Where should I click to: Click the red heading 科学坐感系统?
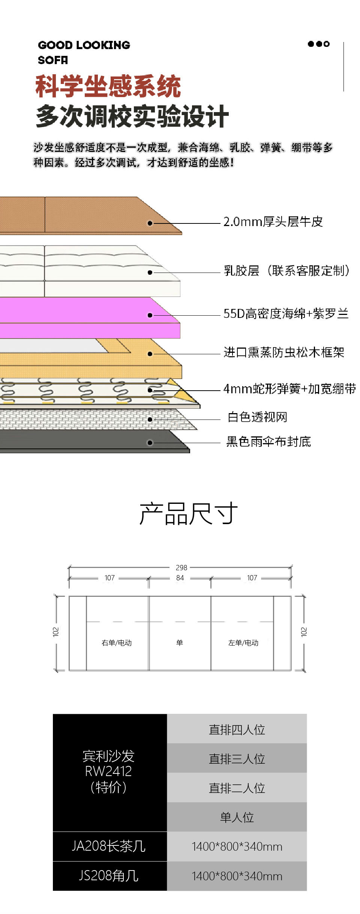[108, 86]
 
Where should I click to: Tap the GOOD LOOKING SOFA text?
[84, 52]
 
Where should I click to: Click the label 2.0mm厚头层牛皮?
[273, 222]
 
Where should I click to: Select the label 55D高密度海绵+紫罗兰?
[286, 313]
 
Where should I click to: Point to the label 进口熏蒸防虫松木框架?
[284, 352]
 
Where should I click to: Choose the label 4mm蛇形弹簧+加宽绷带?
[289, 389]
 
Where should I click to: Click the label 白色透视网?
[257, 417]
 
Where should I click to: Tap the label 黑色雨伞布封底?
[268, 442]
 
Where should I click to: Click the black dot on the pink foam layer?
[150, 315]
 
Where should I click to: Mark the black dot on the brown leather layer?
[150, 223]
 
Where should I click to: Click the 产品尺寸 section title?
[188, 514]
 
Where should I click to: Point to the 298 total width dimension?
[181, 568]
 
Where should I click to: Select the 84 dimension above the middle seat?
[180, 578]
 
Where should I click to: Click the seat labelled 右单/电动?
[117, 643]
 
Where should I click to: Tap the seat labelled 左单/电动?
[243, 643]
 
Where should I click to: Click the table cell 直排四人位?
[237, 730]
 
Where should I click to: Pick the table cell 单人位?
[237, 817]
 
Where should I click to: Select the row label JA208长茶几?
[109, 846]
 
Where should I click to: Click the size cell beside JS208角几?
[237, 876]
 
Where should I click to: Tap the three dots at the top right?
[319, 44]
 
